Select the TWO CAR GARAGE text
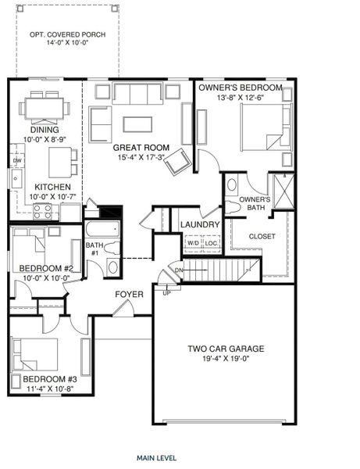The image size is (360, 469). click(225, 349)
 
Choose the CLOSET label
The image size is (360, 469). click(262, 236)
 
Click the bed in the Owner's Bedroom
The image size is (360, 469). click(263, 129)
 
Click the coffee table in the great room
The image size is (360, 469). click(137, 124)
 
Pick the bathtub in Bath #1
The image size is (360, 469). click(102, 230)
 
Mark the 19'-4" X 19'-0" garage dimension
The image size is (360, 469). click(225, 360)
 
